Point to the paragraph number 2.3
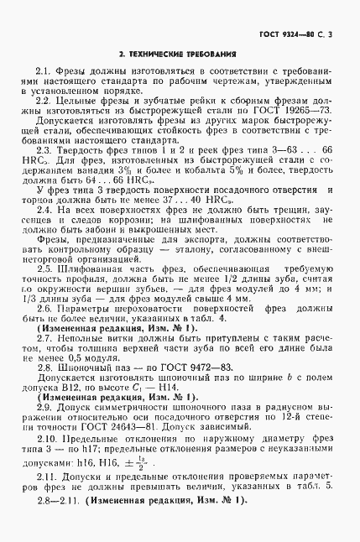click(45, 148)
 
